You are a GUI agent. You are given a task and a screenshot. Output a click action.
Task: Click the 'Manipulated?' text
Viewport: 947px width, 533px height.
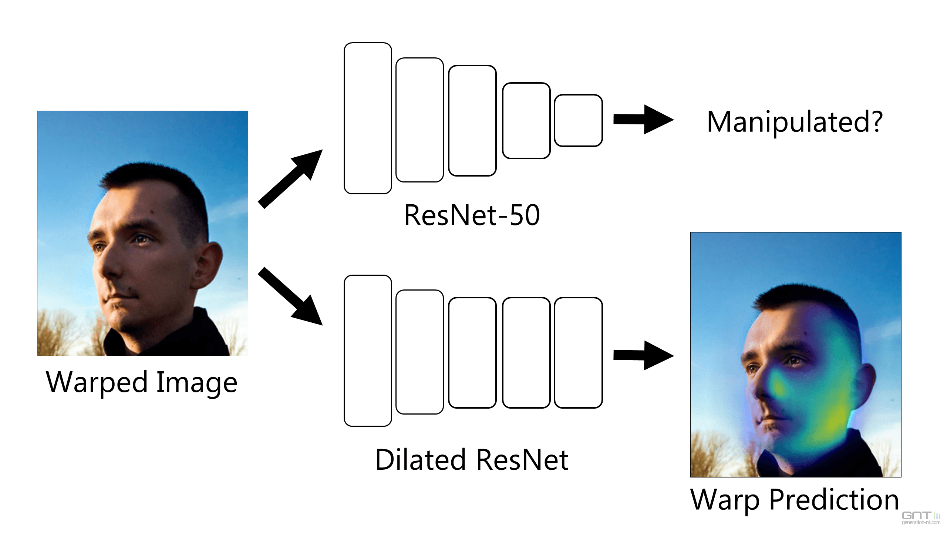(x=795, y=122)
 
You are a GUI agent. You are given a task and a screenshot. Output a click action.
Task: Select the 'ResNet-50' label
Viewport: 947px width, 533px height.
(x=472, y=215)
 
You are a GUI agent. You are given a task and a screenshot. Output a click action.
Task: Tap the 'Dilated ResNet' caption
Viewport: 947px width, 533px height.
(x=472, y=460)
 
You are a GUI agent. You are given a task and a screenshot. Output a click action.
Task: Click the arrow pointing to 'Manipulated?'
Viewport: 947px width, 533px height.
(x=644, y=119)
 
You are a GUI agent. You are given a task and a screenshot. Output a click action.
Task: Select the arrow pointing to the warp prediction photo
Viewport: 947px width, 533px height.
(x=644, y=355)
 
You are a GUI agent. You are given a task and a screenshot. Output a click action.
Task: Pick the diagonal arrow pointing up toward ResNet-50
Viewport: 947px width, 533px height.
(x=290, y=179)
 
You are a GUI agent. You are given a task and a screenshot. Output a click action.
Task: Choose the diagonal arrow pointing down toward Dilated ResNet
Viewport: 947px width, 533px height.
(x=290, y=296)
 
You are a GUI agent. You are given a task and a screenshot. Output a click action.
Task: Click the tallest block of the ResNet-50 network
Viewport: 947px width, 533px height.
(x=368, y=118)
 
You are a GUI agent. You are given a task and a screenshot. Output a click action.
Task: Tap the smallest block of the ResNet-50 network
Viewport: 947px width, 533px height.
(x=578, y=120)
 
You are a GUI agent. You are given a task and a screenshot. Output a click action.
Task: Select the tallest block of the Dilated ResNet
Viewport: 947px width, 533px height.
(x=368, y=351)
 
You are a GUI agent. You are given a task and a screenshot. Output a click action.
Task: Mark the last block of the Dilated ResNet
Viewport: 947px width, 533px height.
(x=578, y=352)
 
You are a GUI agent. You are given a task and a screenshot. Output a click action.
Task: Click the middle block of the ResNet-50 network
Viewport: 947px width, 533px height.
(x=472, y=121)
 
